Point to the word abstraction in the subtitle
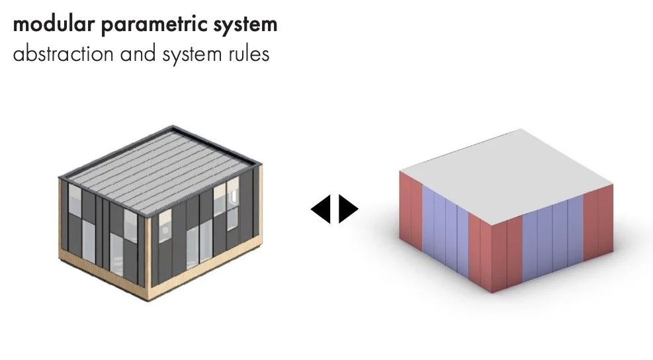[x=64, y=54]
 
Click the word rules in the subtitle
[x=249, y=54]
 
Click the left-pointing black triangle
[x=321, y=209]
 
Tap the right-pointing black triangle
[x=348, y=209]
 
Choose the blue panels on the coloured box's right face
[x=552, y=245]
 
